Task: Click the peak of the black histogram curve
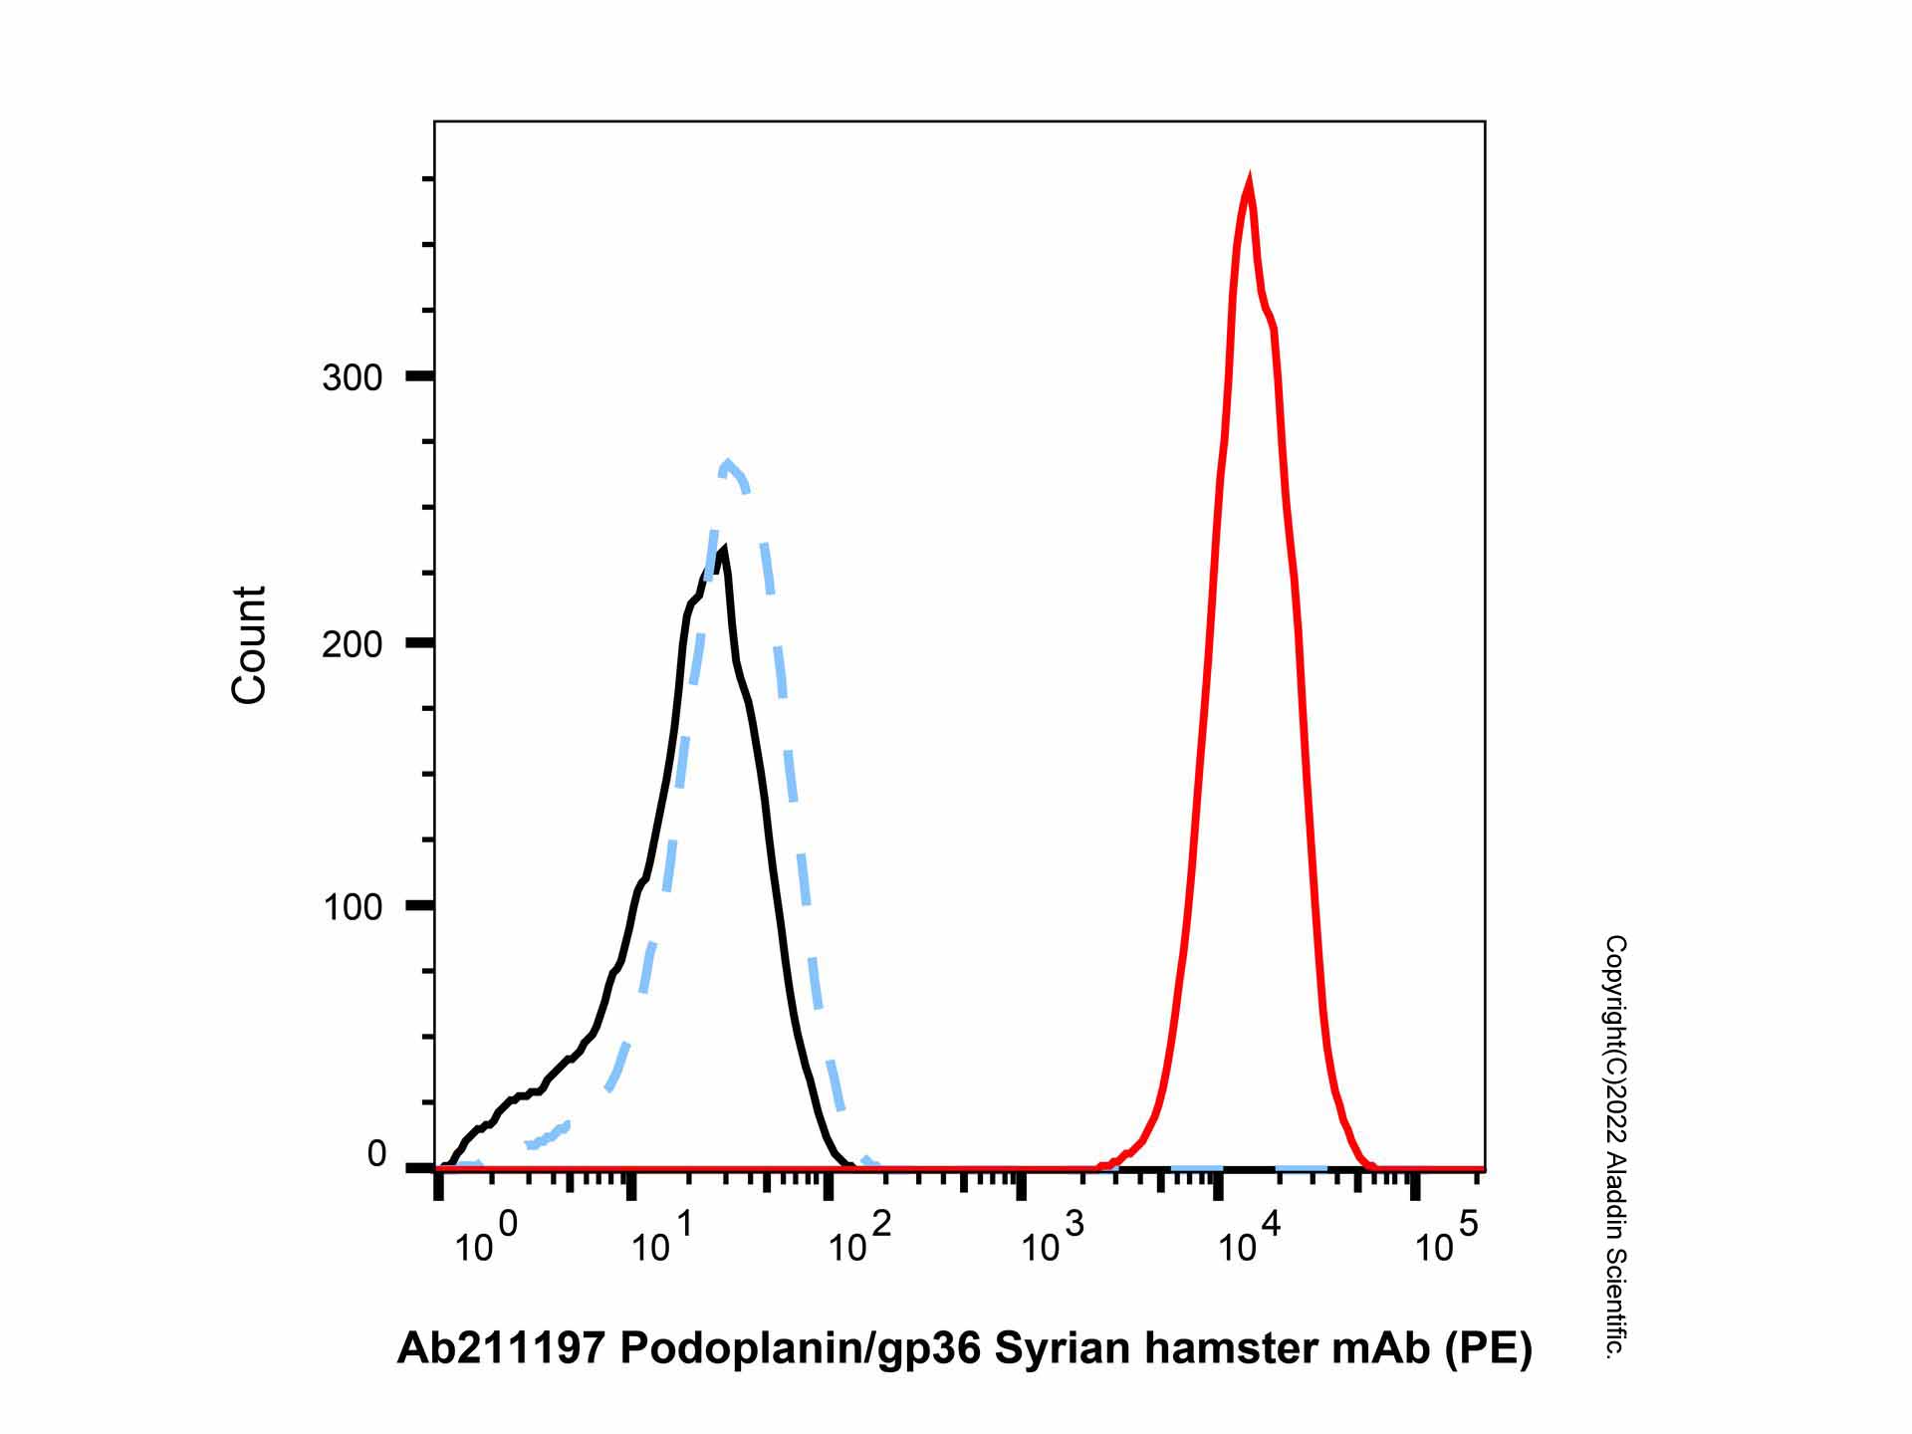(723, 549)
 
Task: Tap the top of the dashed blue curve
(728, 463)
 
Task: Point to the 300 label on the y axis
(353, 378)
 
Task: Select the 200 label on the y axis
(353, 644)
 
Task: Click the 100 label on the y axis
(353, 908)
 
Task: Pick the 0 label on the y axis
(376, 1154)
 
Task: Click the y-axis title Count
(249, 645)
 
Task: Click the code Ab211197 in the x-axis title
(501, 1348)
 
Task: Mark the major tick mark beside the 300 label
(420, 376)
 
